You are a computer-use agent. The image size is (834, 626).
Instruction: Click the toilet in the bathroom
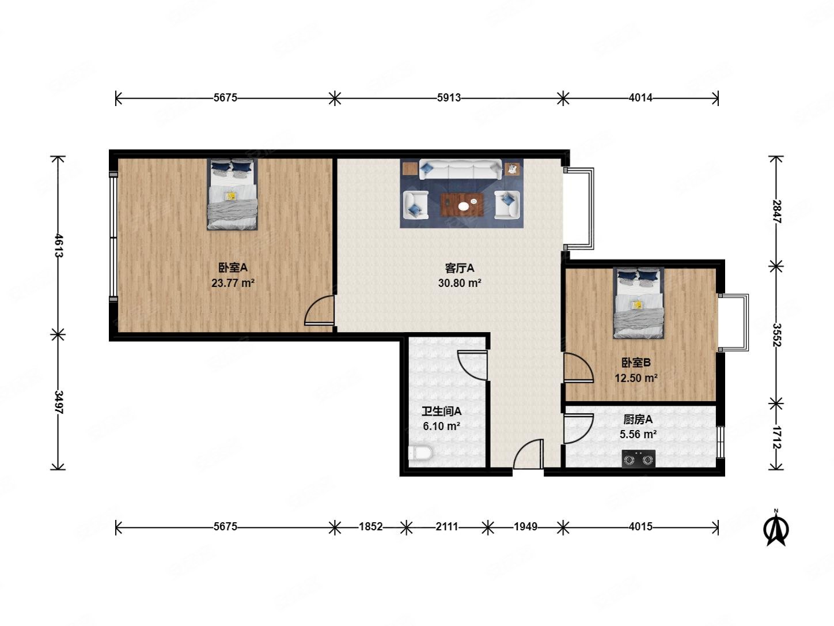(x=420, y=454)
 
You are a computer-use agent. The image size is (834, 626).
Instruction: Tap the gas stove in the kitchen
(x=638, y=459)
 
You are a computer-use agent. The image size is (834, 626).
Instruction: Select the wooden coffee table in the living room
(x=462, y=205)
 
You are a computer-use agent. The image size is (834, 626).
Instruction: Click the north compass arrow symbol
(x=776, y=529)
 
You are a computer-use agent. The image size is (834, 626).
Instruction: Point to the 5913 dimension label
(x=449, y=98)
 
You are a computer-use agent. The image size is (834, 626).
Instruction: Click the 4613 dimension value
(x=59, y=246)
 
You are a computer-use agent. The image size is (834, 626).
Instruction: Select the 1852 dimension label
(x=370, y=527)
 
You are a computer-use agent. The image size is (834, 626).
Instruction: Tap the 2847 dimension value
(x=776, y=212)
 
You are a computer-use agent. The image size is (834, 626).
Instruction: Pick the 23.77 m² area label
(x=233, y=283)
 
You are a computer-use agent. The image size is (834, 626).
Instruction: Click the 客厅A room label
(x=460, y=269)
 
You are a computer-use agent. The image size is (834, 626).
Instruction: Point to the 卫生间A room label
(x=442, y=411)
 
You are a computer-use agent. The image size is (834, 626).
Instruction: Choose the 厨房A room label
(x=638, y=419)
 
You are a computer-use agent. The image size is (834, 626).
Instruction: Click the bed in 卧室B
(x=638, y=303)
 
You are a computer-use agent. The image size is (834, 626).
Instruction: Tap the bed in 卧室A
(x=232, y=194)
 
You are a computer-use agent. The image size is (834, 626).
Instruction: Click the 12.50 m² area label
(x=636, y=378)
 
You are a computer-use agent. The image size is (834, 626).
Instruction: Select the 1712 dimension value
(x=776, y=438)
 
